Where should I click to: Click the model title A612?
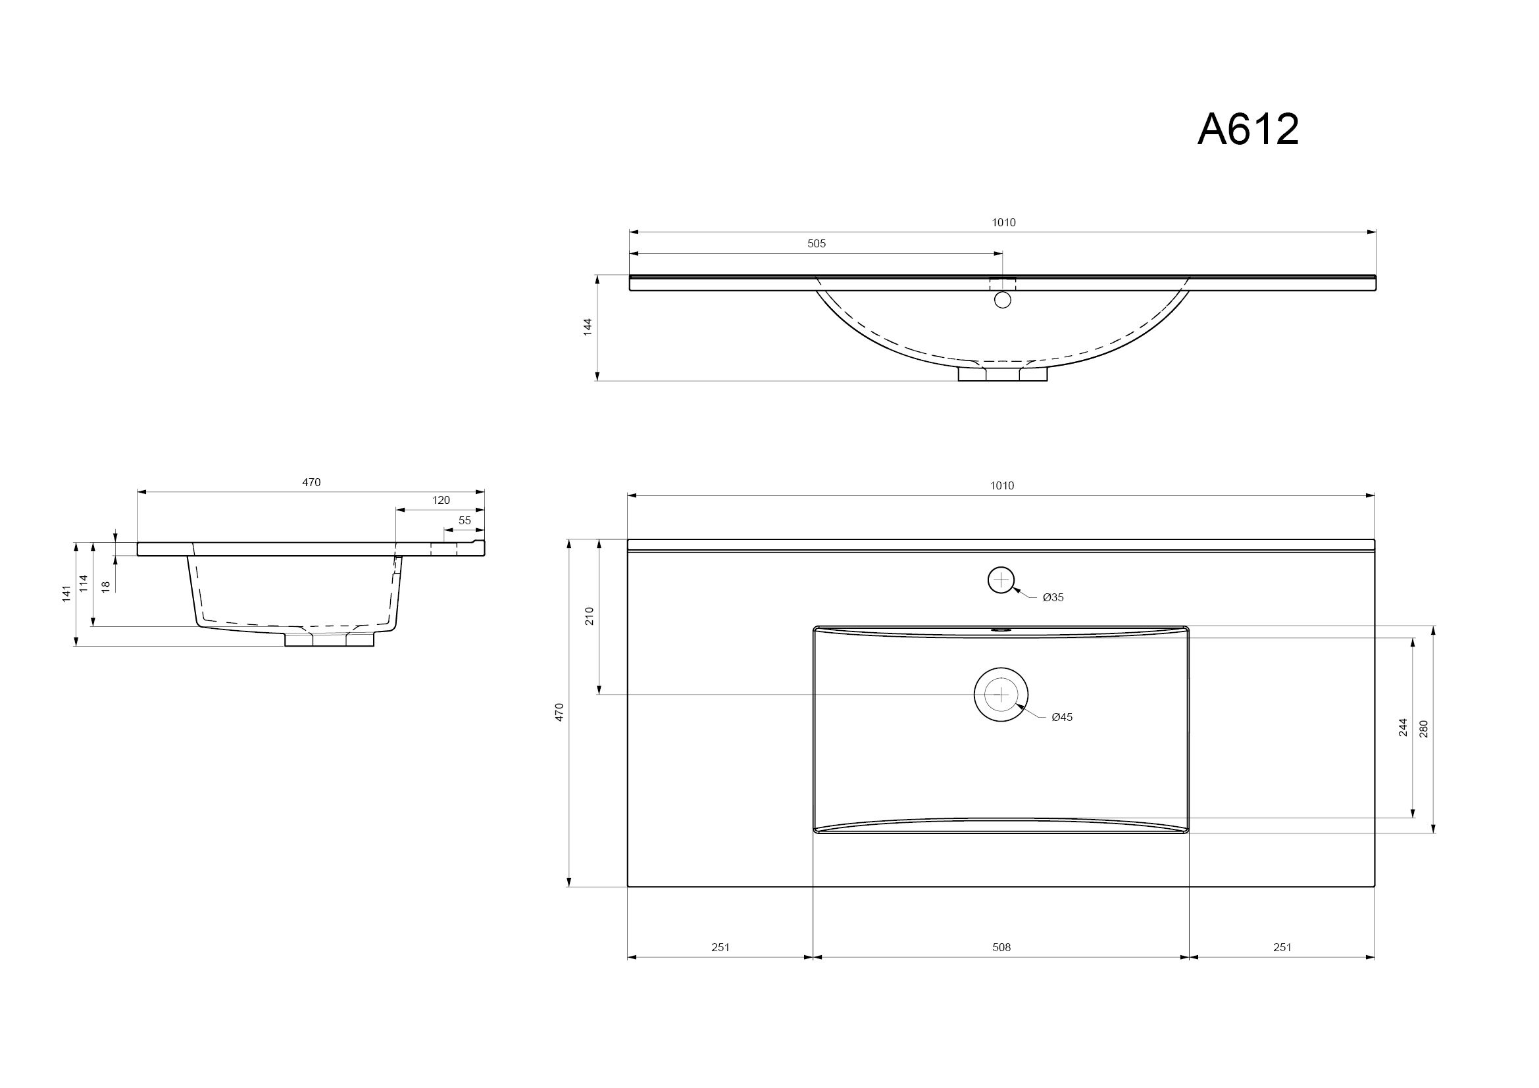(x=1248, y=130)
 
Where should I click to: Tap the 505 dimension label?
(x=817, y=244)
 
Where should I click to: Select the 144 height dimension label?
(x=588, y=327)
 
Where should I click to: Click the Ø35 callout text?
(x=1053, y=597)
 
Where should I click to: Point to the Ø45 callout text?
(x=1062, y=718)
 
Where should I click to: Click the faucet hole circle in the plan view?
(x=1001, y=580)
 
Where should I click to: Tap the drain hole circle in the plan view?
(x=1001, y=695)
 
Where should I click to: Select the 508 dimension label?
(x=1001, y=947)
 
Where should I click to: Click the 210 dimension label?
(x=590, y=616)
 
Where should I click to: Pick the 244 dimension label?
(x=1403, y=728)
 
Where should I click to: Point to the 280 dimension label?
(x=1424, y=729)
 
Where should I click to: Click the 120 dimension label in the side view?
(x=441, y=501)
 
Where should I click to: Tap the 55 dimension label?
(x=465, y=520)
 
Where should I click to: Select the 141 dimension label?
(x=66, y=593)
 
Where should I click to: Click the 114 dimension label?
(x=84, y=583)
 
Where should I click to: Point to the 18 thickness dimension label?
(x=105, y=586)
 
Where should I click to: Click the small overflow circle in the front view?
(x=1003, y=300)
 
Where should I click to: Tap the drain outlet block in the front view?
(x=1002, y=373)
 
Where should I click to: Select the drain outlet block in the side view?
(x=329, y=639)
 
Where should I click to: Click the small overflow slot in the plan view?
(x=1001, y=630)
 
